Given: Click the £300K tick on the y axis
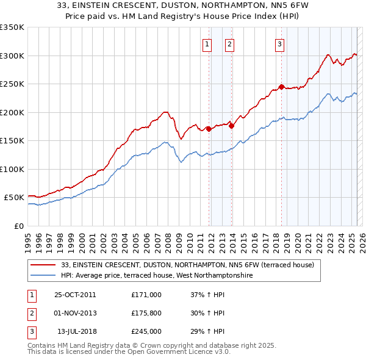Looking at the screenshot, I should (x=12, y=56).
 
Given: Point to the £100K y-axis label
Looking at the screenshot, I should (x=12, y=169).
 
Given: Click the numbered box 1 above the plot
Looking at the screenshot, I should (x=207, y=43).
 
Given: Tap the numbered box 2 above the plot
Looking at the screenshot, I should (x=229, y=43).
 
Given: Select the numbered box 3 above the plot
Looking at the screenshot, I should (x=279, y=43).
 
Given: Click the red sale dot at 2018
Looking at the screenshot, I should (x=281, y=87).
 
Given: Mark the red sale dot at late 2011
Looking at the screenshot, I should (x=209, y=129).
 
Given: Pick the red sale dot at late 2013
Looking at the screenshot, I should (x=232, y=126).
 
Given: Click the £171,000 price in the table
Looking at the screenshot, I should (x=146, y=295).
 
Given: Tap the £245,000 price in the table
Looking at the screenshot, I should (x=146, y=331).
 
